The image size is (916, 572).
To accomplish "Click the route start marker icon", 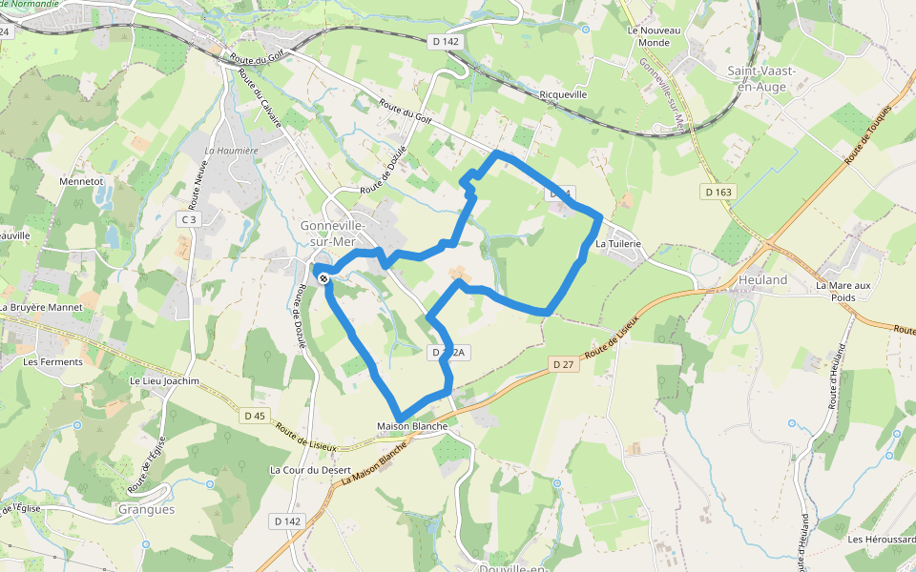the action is [324, 278].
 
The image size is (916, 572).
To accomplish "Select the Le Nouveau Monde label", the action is [655, 36].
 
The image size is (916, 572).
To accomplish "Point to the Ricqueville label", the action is [563, 94].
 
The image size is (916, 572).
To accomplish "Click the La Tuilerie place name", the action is [617, 244].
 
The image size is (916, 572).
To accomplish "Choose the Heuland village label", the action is [763, 280].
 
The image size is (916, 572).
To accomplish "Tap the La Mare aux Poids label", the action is [843, 291].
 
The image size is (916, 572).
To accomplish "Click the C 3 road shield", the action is [190, 220].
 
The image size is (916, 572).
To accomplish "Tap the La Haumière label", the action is [232, 151].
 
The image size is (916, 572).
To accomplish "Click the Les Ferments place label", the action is [52, 362].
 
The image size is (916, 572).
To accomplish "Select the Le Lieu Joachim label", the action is [164, 381].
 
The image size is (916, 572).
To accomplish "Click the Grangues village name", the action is [146, 509].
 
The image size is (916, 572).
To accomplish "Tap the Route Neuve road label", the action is [198, 184].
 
